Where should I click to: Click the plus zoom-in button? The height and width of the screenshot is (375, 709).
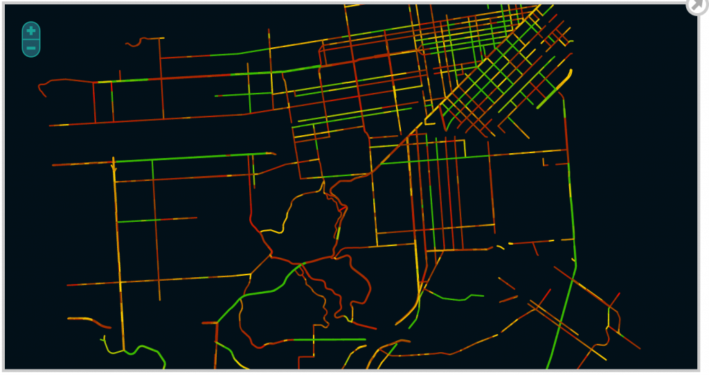click(31, 30)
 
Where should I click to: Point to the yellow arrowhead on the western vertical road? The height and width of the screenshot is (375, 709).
click(114, 167)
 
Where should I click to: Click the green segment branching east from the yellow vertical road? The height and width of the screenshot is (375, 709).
click(138, 221)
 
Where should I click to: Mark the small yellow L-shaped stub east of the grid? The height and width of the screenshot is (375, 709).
click(546, 164)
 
